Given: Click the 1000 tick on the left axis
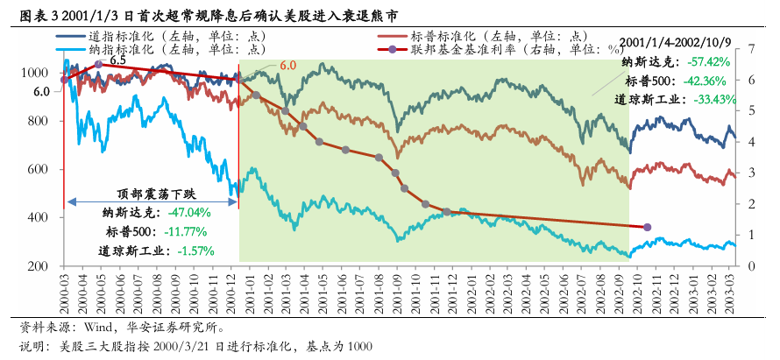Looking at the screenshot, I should click(36, 74).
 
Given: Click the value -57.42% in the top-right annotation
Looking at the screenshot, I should click(709, 62).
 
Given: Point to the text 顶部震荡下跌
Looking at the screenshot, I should click(152, 194).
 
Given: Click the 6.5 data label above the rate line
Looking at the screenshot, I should click(117, 60).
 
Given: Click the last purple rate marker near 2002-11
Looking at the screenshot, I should click(647, 227).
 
